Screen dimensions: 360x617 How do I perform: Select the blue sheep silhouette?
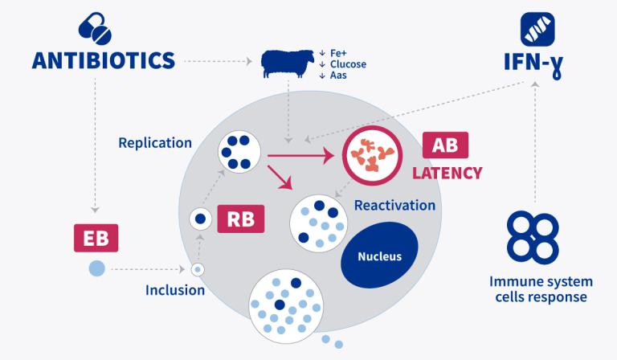point(285,63)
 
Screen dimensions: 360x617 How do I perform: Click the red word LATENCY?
point(447,173)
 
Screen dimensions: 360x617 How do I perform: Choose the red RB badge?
point(240,219)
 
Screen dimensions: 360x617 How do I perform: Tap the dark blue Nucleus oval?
point(379,257)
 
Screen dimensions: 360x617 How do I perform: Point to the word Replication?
point(155,143)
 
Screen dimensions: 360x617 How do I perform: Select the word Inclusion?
point(175,289)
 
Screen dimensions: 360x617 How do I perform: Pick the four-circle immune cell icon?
point(533,238)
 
